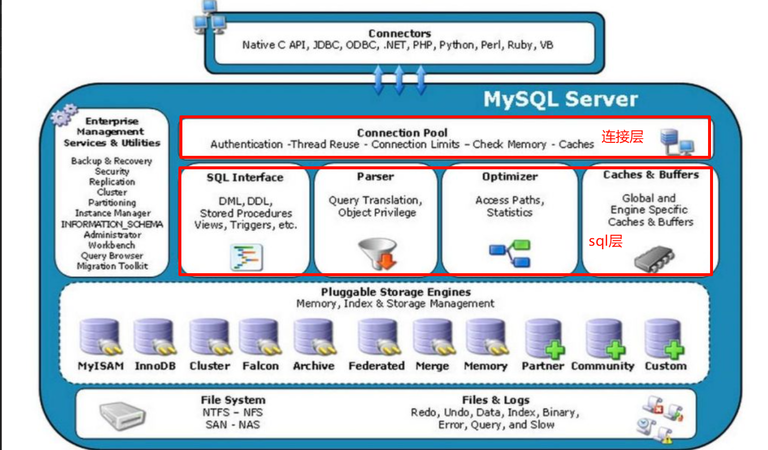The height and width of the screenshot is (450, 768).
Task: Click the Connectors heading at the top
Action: pyautogui.click(x=399, y=33)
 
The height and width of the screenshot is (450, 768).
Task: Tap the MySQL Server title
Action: pyautogui.click(x=561, y=99)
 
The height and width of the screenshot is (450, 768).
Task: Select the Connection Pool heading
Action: pyautogui.click(x=402, y=133)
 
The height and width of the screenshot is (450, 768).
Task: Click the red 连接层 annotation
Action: pyautogui.click(x=622, y=136)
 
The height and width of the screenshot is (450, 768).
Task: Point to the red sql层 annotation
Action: pyautogui.click(x=605, y=241)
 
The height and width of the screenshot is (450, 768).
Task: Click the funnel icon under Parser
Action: pyautogui.click(x=378, y=253)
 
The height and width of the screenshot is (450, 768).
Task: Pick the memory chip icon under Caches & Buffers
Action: pyautogui.click(x=653, y=258)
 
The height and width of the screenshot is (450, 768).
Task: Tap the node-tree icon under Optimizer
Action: pyautogui.click(x=510, y=253)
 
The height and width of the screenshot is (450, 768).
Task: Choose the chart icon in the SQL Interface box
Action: pyautogui.click(x=246, y=257)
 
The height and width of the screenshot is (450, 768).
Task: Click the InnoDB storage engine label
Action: pyautogui.click(x=155, y=366)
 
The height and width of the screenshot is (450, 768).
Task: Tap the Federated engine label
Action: pyautogui.click(x=376, y=366)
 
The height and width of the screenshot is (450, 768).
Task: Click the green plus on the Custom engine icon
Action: pyautogui.click(x=674, y=350)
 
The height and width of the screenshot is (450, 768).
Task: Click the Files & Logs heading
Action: pyautogui.click(x=495, y=400)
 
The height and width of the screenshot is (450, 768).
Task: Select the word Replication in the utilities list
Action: pyautogui.click(x=112, y=182)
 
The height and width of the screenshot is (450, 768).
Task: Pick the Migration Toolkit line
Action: pyautogui.click(x=112, y=266)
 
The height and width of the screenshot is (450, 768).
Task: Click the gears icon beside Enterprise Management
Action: pyautogui.click(x=64, y=115)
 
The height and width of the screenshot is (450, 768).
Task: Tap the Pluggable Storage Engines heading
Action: pyautogui.click(x=396, y=292)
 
